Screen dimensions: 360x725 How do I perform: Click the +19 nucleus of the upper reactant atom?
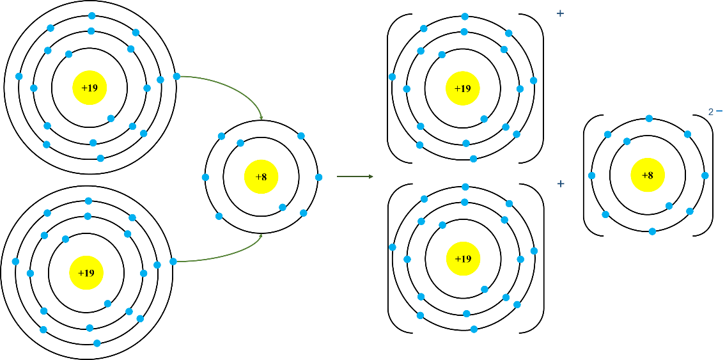pyautogui.click(x=90, y=88)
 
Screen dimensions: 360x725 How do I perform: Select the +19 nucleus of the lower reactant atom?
pyautogui.click(x=86, y=273)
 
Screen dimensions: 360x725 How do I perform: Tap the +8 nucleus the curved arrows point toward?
pyautogui.click(x=261, y=176)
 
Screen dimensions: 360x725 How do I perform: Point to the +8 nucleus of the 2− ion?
pyautogui.click(x=648, y=175)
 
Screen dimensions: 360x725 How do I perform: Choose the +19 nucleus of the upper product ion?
pyautogui.click(x=462, y=88)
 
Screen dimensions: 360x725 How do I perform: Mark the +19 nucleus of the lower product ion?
pyautogui.click(x=462, y=258)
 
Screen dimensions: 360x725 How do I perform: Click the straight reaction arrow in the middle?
pyautogui.click(x=355, y=176)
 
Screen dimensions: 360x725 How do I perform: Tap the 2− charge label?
pyautogui.click(x=715, y=112)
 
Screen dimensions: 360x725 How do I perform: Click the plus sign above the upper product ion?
pyautogui.click(x=560, y=13)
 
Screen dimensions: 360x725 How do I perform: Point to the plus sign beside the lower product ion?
pyautogui.click(x=561, y=184)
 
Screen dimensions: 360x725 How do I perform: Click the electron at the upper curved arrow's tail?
pyautogui.click(x=176, y=76)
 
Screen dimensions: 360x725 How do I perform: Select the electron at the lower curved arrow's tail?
pyautogui.click(x=173, y=262)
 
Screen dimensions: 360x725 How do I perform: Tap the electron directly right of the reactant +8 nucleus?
pyautogui.click(x=319, y=177)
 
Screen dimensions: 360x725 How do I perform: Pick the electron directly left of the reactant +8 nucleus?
pyautogui.click(x=205, y=177)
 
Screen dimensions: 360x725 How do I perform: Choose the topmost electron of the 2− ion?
pyautogui.click(x=649, y=118)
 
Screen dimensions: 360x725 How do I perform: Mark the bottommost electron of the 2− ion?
pyautogui.click(x=652, y=231)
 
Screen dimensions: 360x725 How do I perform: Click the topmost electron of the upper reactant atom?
pyautogui.click(x=92, y=16)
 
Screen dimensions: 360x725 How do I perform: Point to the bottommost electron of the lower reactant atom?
pyautogui.click(x=97, y=343)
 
